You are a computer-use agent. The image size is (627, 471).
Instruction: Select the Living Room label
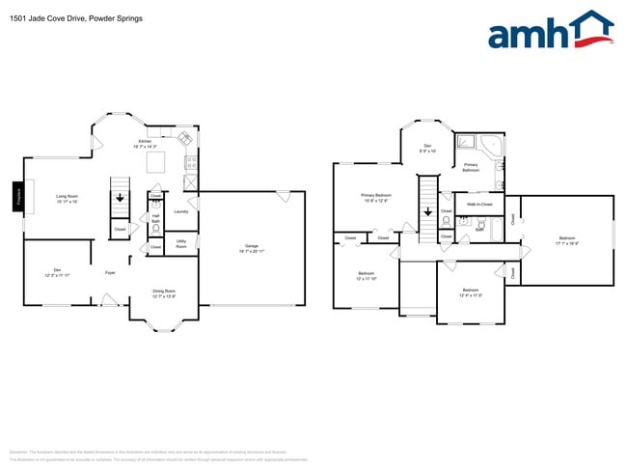coord(67,197)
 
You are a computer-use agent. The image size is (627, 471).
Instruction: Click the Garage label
coord(251,247)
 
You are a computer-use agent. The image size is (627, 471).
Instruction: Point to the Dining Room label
coord(164,291)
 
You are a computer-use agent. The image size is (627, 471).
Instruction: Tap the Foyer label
coord(110,272)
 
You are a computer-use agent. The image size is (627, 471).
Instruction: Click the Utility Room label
coord(181,242)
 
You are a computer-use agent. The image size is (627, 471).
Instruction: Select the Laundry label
coord(180,211)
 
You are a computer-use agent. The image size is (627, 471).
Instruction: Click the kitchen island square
coord(156,162)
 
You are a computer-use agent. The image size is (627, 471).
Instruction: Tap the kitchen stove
coord(191,161)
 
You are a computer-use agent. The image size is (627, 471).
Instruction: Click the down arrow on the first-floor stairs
coord(120,198)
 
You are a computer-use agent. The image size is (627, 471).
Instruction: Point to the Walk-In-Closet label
coord(479,205)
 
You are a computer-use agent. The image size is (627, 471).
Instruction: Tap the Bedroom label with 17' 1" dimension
coord(566,239)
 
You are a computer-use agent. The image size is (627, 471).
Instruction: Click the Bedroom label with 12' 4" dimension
coord(470,291)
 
